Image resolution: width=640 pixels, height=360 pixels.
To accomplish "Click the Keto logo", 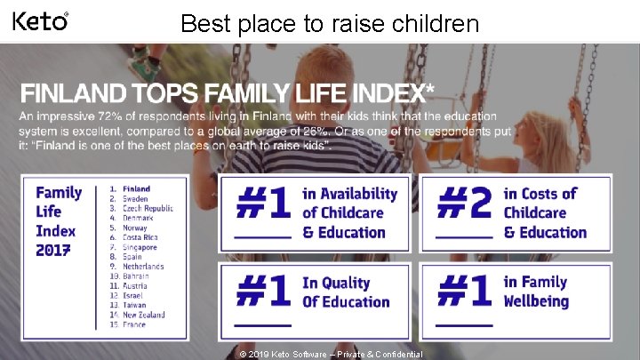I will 40,20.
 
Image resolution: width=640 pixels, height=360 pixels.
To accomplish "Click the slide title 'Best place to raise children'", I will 329,23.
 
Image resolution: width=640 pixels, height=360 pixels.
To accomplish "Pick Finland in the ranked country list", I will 136,188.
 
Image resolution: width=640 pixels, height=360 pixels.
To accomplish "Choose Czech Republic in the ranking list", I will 148,208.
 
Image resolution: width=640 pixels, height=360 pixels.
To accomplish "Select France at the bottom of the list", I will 136,325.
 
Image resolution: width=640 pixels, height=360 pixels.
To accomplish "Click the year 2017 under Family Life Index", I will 55,251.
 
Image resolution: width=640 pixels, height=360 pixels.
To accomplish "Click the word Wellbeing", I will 536,301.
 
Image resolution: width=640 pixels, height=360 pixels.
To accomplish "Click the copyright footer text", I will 331,354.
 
